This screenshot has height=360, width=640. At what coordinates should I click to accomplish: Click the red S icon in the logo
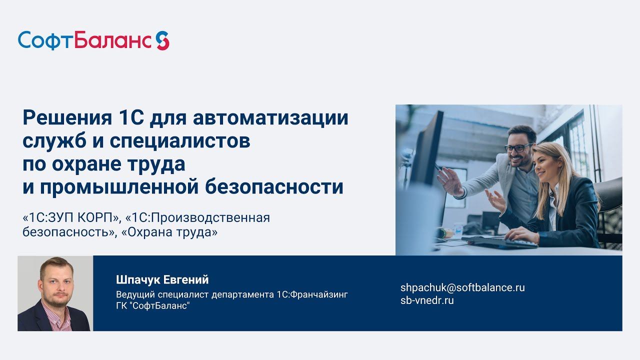pyautogui.click(x=162, y=40)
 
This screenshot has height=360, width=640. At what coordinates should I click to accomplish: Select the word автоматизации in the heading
pyautogui.click(x=270, y=118)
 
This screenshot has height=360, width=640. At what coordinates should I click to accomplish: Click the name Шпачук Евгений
pyautogui.click(x=162, y=279)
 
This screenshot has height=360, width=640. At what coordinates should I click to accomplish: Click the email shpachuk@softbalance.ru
pyautogui.click(x=462, y=287)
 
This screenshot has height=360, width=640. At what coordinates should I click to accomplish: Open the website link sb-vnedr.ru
pyautogui.click(x=427, y=300)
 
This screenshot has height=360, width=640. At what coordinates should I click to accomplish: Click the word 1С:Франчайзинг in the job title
pyautogui.click(x=311, y=294)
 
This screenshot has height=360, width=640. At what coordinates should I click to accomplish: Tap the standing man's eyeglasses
pyautogui.click(x=518, y=147)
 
